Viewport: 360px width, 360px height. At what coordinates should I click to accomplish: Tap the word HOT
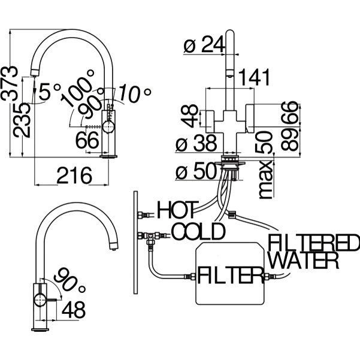(x=177, y=210)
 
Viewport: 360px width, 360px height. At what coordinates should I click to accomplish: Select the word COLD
(x=198, y=231)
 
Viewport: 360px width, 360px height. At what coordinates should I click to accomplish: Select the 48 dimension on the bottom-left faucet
(x=73, y=310)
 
